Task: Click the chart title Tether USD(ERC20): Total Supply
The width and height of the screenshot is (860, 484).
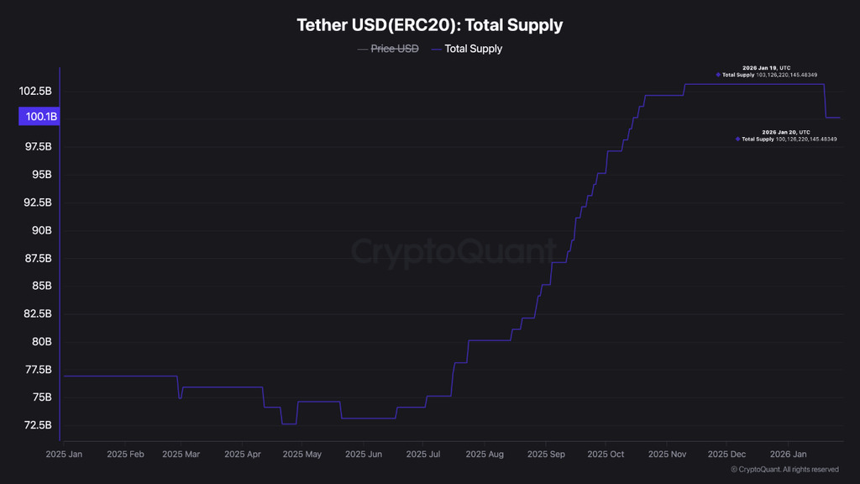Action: pos(429,25)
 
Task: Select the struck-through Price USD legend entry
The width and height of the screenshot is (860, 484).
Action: pos(395,49)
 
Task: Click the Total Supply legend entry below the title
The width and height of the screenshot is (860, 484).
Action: pos(473,49)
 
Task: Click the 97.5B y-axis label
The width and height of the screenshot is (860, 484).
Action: pos(37,147)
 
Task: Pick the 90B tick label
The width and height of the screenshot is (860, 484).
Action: pos(41,230)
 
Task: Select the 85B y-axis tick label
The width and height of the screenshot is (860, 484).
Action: pos(41,286)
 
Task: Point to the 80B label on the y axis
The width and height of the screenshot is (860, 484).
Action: pos(41,341)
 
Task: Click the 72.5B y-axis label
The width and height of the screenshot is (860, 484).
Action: pos(37,425)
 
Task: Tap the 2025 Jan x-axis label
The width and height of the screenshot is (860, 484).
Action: pos(64,455)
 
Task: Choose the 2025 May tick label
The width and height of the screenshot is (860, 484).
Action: pos(302,455)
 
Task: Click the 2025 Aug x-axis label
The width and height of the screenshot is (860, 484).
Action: pos(486,455)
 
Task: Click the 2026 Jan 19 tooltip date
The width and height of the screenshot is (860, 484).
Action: pos(764,67)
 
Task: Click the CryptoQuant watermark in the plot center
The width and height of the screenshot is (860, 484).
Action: pos(454,251)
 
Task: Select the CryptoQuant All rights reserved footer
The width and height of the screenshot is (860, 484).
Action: pos(784,470)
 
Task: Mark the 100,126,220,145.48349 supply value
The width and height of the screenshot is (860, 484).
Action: pos(806,139)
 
